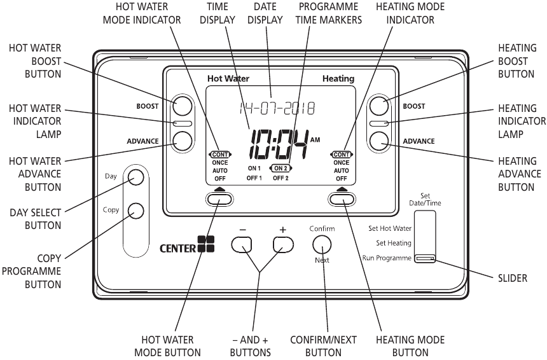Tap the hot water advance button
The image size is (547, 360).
[182, 141]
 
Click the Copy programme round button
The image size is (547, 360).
[135, 211]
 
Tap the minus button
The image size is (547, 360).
[242, 244]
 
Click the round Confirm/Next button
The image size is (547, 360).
[322, 244]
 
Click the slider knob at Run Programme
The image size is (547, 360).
[425, 258]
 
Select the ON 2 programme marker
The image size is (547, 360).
[280, 168]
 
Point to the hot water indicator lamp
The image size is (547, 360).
[182, 123]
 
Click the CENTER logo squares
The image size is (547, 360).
[206, 244]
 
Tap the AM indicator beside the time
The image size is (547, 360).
[315, 139]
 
